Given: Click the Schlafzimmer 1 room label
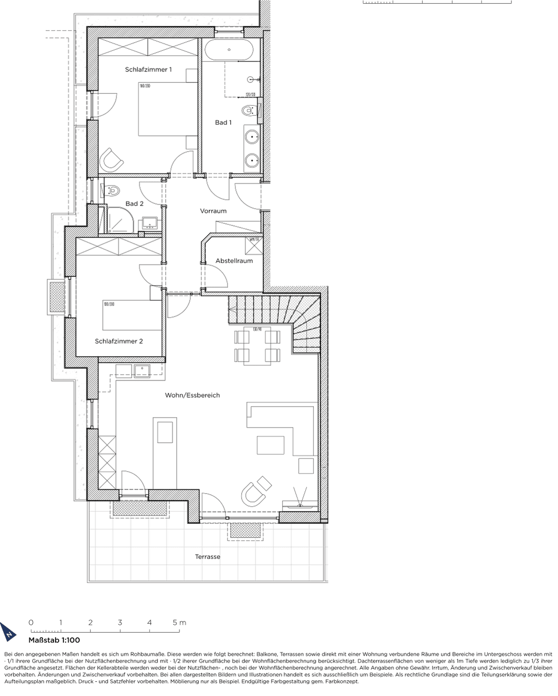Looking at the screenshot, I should tap(148, 69).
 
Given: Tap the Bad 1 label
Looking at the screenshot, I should tap(223, 122).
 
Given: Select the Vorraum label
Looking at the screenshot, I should tap(213, 211).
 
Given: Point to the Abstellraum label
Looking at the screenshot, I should tap(234, 260).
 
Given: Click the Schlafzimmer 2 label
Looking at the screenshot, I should tap(119, 341).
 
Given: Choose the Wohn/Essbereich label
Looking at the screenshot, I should tap(192, 395).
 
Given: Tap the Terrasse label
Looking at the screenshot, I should tap(207, 557).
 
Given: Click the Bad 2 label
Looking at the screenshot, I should tap(134, 203).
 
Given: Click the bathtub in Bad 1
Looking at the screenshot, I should tap(229, 50).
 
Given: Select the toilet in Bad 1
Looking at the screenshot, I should tap(249, 111).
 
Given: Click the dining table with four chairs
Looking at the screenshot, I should tap(257, 346).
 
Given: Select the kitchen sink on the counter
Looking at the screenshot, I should tap(142, 371).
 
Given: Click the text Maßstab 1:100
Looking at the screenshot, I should tap(54, 640).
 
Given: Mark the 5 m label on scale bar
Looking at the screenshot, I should tap(179, 623).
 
